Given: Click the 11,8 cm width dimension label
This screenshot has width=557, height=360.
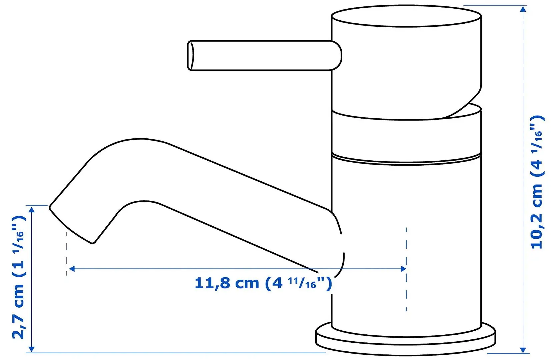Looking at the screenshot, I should coord(263,283).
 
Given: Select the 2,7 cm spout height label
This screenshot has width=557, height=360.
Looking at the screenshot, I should coord(19,277).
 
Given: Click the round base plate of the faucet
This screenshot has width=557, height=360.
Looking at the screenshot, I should coord(405,340).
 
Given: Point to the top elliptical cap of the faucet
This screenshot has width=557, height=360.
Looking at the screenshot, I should coord(406,16).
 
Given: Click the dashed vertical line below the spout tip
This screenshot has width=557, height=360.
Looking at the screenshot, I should coord(66,253).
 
